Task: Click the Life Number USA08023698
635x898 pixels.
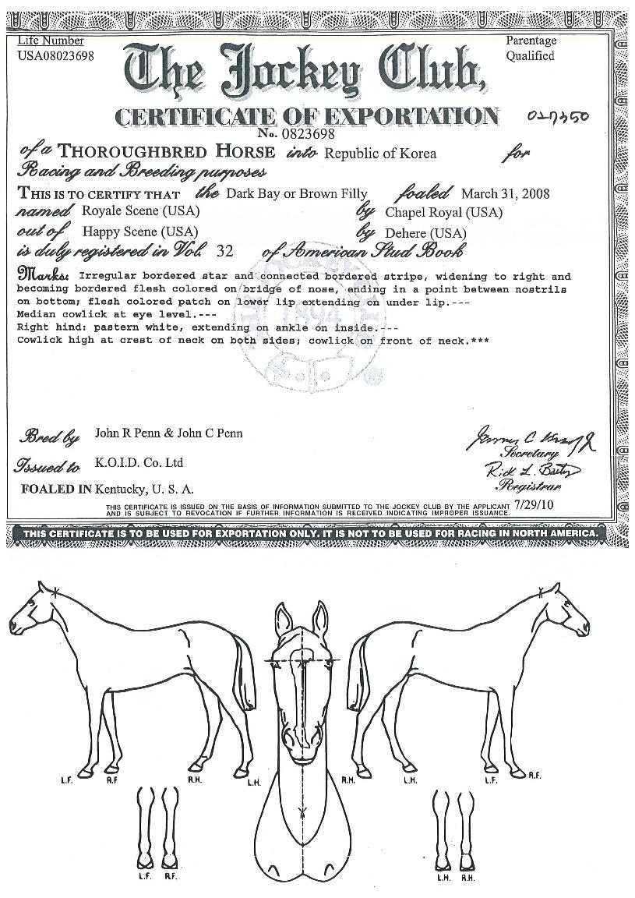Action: [x=55, y=55]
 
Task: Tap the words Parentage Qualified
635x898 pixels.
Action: [x=531, y=48]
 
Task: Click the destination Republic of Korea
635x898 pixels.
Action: [x=380, y=154]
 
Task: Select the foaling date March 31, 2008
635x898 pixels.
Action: [x=506, y=193]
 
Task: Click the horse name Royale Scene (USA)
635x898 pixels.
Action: [x=140, y=211]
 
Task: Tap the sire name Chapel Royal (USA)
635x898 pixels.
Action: [x=444, y=212]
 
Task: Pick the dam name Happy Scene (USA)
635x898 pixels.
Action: [x=139, y=232]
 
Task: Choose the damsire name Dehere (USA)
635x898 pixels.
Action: [x=426, y=232]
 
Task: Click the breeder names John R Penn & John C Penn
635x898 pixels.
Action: [x=168, y=433]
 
